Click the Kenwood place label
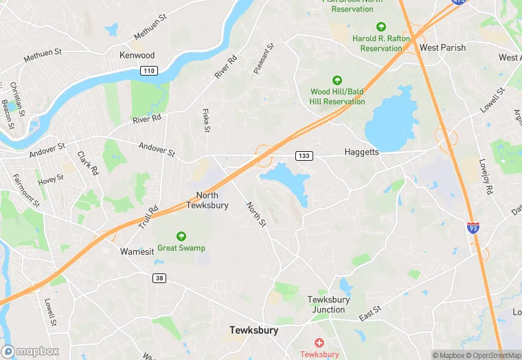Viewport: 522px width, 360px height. [137, 55]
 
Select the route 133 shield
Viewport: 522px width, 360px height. [304, 156]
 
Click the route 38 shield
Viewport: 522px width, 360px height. [159, 278]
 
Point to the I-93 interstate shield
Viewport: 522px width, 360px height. [473, 227]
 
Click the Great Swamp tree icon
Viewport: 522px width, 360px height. [181, 236]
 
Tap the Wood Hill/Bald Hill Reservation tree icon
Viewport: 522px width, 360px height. [337, 80]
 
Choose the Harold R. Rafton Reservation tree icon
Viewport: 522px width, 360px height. [381, 27]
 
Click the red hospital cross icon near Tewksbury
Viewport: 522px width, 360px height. [319, 342]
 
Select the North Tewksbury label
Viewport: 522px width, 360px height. [207, 200]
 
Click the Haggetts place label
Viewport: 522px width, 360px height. [361, 152]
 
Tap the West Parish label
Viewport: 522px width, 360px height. [442, 48]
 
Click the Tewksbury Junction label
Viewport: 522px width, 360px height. [328, 304]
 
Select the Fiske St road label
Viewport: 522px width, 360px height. [206, 120]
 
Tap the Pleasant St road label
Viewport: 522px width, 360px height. [264, 58]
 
